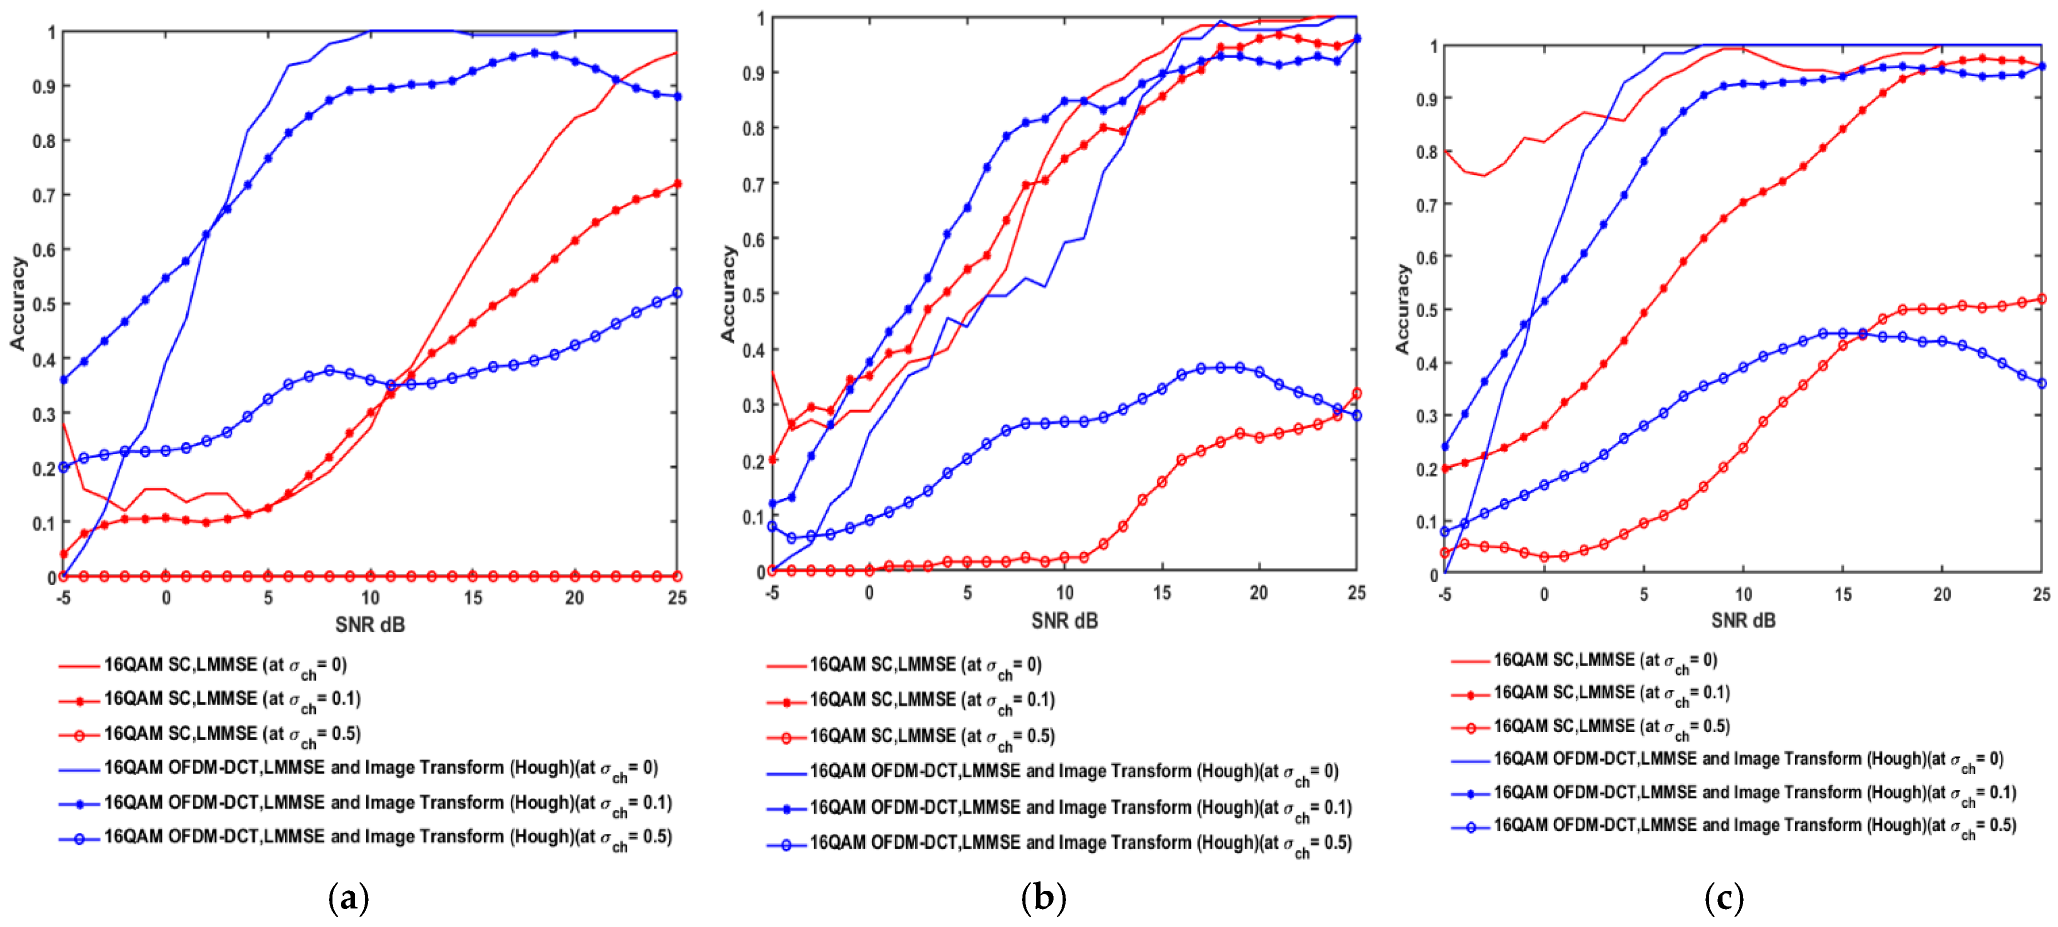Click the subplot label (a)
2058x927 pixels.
click(349, 899)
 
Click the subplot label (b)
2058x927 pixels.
click(1044, 899)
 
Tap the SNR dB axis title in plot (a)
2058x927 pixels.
click(370, 625)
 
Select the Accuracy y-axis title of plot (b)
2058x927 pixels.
click(728, 294)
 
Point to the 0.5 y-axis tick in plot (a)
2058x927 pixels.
click(45, 304)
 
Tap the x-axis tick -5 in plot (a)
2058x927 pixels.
click(63, 598)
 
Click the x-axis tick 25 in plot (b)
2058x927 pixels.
click(1356, 593)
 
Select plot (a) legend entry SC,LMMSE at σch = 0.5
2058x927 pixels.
click(232, 734)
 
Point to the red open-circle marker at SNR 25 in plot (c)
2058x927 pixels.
click(2041, 299)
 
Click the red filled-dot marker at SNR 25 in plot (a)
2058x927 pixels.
click(676, 184)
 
